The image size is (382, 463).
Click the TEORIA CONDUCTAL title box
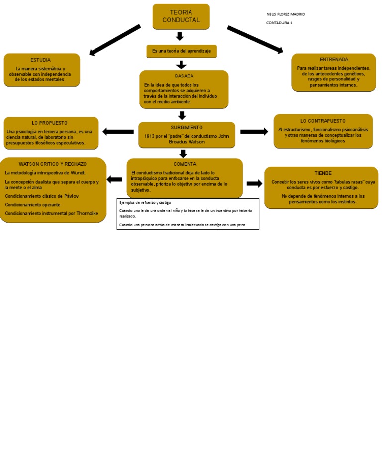(181, 16)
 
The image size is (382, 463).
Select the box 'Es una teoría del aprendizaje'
(182, 51)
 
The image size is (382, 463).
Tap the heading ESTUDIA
(40, 60)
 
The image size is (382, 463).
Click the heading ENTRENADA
(334, 60)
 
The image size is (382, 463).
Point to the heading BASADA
(184, 76)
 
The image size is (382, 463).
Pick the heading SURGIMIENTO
(187, 128)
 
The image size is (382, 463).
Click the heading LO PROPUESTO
(50, 123)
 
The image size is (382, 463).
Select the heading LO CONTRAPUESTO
(323, 121)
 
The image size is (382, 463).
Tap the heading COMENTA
(185, 164)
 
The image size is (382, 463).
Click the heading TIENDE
(323, 173)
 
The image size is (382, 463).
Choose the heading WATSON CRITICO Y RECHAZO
(53, 164)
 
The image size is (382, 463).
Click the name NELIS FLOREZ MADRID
(286, 14)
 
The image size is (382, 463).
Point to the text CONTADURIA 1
(279, 23)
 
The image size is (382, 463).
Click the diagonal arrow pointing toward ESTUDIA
(114, 40)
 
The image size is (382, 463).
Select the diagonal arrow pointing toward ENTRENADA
(255, 39)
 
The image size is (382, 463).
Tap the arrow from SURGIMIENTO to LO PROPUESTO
(118, 132)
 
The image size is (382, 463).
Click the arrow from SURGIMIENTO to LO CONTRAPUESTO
(254, 132)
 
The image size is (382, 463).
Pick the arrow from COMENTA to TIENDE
(254, 184)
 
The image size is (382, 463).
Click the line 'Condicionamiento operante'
(33, 205)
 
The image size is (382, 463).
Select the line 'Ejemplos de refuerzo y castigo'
(145, 203)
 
